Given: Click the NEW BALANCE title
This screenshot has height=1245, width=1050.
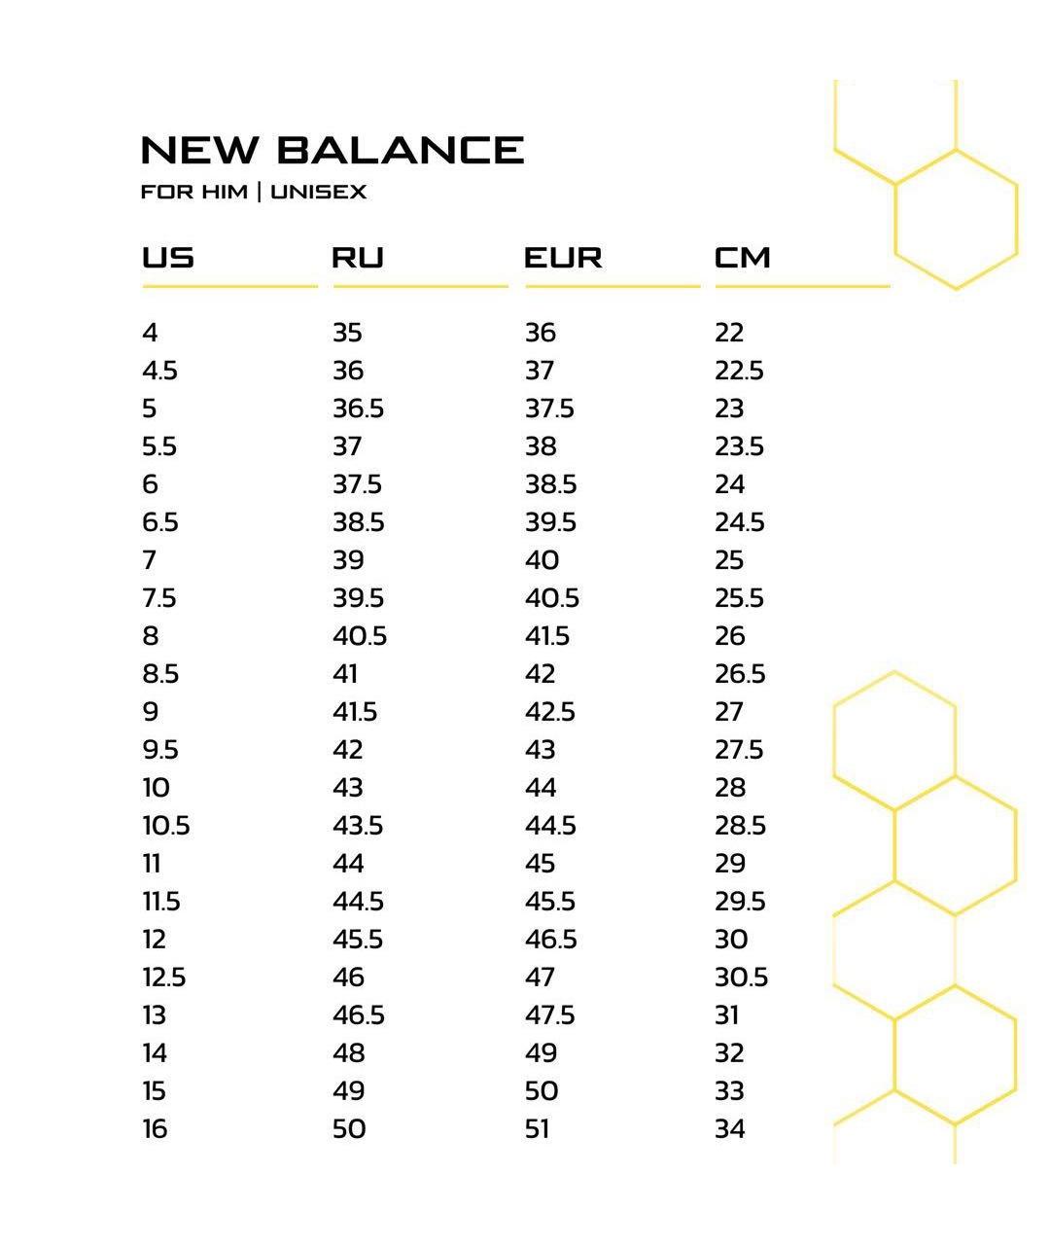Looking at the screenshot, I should (x=332, y=150).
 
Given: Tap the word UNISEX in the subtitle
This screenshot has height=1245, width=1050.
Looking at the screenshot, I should (x=319, y=192).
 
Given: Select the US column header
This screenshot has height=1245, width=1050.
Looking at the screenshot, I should (x=168, y=258).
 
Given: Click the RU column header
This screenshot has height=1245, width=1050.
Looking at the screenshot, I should (x=358, y=258).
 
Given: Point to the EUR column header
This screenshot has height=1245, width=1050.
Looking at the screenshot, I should (x=563, y=258).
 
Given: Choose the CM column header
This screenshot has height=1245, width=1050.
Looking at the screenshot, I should (x=743, y=258).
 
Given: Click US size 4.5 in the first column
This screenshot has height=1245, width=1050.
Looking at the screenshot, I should (x=159, y=371).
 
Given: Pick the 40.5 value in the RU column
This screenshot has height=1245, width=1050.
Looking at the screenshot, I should (x=360, y=636).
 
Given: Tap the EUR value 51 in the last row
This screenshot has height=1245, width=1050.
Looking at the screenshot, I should (x=538, y=1129).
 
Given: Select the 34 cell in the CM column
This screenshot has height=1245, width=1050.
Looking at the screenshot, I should (x=729, y=1129).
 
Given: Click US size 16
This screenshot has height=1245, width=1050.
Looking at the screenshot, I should (x=155, y=1129).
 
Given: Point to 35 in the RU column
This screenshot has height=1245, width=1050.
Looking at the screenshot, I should (x=347, y=333).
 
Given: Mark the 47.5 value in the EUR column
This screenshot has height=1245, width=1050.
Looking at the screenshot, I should (x=550, y=1015).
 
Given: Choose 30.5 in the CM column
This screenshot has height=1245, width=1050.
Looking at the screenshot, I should (x=741, y=978).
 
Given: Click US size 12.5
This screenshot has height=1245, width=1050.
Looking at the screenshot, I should (x=163, y=978).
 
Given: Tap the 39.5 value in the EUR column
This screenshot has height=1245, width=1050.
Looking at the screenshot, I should (x=550, y=522).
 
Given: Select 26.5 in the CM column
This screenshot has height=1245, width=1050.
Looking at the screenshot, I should (x=740, y=674).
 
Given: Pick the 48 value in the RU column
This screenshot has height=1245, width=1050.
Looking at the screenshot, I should (x=348, y=1053).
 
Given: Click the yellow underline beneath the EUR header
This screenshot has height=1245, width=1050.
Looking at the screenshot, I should (x=612, y=287).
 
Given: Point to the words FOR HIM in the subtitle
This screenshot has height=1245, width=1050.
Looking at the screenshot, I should (x=194, y=192).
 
